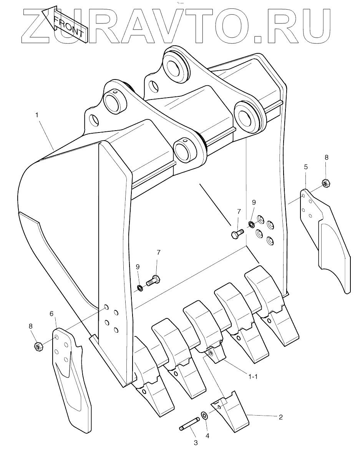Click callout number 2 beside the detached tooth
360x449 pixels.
tap(280, 417)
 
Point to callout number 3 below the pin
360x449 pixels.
tap(196, 442)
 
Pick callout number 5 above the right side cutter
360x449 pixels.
tap(305, 167)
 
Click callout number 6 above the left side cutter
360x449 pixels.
tap(51, 313)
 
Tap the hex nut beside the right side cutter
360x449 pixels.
tap(325, 184)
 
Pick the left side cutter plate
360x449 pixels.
tap(73, 376)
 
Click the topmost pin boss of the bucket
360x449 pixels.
tap(177, 63)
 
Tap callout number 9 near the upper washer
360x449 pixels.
tap(254, 202)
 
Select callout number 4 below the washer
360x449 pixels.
tap(207, 436)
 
